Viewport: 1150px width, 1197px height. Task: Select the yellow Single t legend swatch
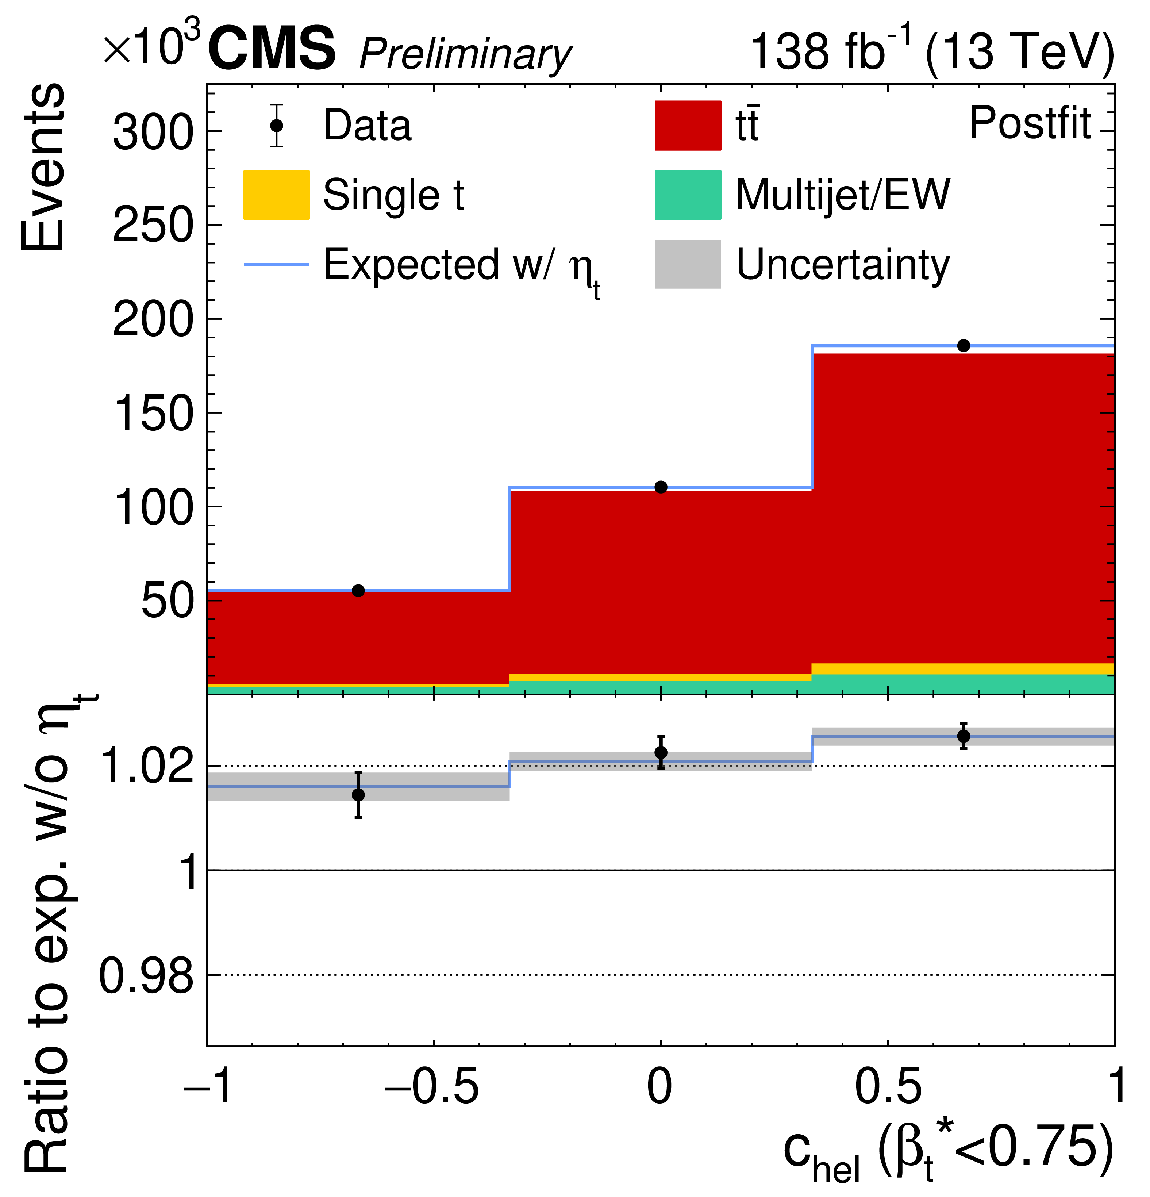[276, 195]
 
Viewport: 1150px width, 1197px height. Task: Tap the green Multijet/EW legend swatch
[688, 195]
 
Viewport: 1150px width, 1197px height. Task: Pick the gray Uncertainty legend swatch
[688, 264]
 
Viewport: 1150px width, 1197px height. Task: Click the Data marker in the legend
[277, 125]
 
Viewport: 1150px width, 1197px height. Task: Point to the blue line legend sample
[276, 264]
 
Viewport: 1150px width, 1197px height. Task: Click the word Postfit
[1030, 123]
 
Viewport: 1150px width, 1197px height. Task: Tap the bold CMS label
[272, 49]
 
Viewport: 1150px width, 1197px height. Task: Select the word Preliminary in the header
[465, 55]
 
